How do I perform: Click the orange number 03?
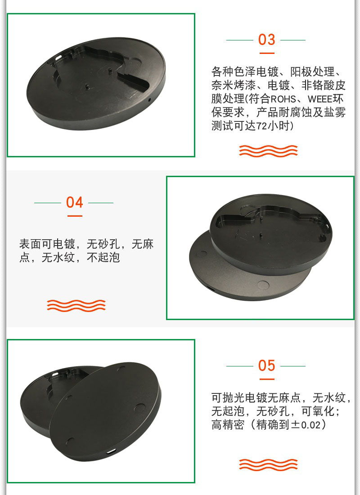(266, 40)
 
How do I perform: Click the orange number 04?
(75, 202)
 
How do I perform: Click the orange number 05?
(266, 366)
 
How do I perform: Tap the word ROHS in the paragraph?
(283, 99)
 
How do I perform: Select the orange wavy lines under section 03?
(268, 151)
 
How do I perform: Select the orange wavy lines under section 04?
(76, 306)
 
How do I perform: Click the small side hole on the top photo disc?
(149, 100)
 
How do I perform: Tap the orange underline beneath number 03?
(267, 53)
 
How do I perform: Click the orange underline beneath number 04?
(75, 216)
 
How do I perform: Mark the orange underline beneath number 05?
(267, 379)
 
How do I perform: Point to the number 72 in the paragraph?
(262, 126)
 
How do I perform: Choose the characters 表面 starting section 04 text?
(30, 244)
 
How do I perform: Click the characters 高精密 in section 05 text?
(228, 424)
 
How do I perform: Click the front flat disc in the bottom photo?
(105, 411)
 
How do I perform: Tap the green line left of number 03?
(240, 40)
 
